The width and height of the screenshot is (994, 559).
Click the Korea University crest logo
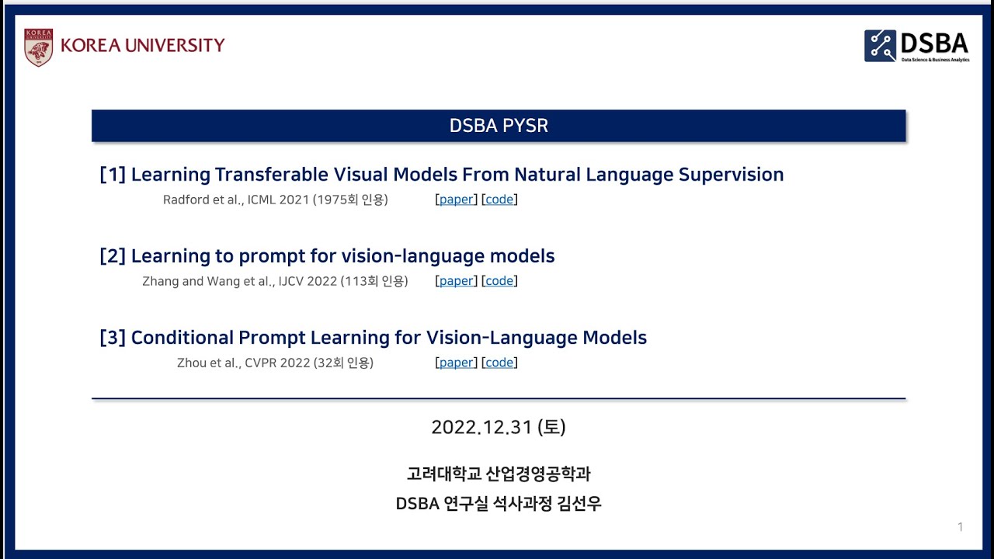[38, 47]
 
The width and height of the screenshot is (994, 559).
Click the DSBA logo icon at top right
[880, 46]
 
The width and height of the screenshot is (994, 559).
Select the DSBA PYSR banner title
[499, 126]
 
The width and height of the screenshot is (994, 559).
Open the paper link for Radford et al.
[456, 200]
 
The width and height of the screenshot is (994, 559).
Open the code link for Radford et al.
[499, 200]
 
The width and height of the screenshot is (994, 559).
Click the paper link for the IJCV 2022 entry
[456, 281]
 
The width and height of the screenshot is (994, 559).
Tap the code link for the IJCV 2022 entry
[499, 281]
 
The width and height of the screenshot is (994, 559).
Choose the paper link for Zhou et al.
[456, 363]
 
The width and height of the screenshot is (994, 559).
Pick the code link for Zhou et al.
[499, 363]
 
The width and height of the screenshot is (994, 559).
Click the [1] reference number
[113, 175]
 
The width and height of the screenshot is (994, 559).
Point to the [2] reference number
[113, 256]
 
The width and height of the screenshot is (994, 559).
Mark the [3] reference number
[113, 338]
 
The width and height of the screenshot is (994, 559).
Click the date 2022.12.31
[481, 427]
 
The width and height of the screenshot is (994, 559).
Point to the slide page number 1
[960, 527]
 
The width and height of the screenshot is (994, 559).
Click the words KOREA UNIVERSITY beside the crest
[143, 46]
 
